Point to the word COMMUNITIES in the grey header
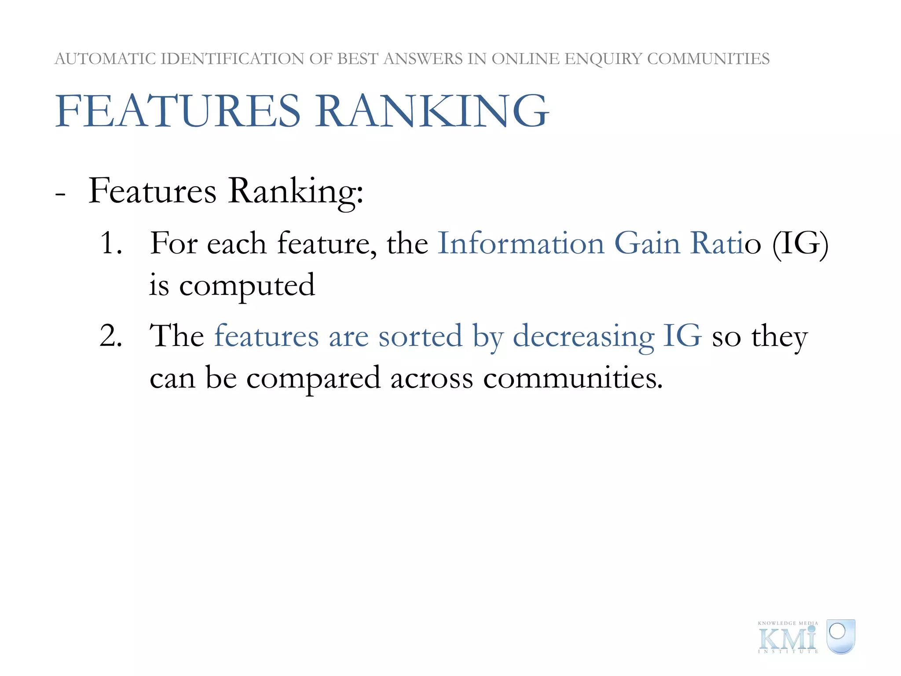pos(708,59)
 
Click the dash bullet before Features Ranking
pos(61,194)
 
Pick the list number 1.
pos(110,243)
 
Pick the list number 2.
pos(110,336)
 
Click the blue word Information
pos(521,243)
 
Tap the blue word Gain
pos(647,243)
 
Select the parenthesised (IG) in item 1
pos(800,244)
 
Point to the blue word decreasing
pos(583,337)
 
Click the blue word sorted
pos(420,336)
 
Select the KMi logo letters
pos(787,639)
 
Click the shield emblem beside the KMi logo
pos(840,636)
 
